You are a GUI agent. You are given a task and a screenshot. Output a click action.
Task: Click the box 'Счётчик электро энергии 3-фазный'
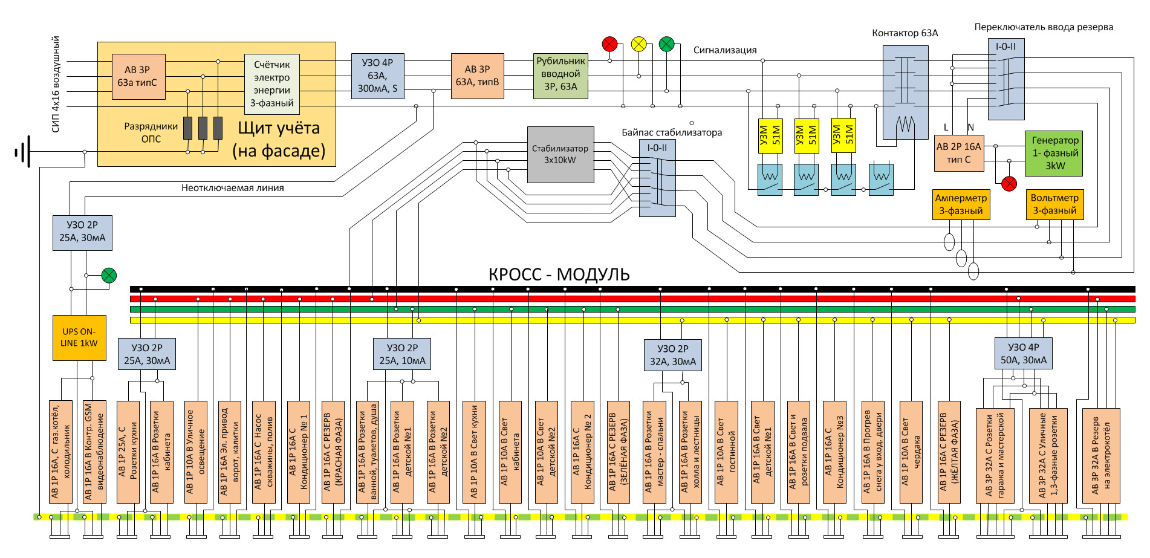[x=272, y=83]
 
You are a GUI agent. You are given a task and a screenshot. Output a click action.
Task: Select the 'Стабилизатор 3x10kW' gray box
[x=560, y=155]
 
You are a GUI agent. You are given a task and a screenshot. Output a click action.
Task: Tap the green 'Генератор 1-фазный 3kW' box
[x=1054, y=153]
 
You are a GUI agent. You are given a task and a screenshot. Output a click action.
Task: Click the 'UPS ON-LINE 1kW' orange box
[x=79, y=337]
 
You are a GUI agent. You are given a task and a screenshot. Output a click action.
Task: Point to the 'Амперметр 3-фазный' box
[x=961, y=204]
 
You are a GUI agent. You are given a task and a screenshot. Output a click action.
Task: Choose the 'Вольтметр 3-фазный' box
[x=1054, y=204]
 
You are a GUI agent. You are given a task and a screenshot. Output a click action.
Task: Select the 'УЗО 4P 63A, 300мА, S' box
[x=378, y=76]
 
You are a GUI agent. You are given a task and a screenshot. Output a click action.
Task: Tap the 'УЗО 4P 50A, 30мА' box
[x=1024, y=354]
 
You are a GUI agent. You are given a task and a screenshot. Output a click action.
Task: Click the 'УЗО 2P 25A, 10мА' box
[x=403, y=354]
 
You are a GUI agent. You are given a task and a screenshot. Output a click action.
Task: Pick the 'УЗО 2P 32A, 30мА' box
[x=672, y=355]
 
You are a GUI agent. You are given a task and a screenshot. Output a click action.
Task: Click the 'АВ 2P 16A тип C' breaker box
[x=959, y=153]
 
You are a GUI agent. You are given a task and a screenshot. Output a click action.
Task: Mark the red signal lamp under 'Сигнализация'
[x=609, y=44]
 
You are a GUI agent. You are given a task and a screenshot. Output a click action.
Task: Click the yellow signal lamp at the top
[x=638, y=44]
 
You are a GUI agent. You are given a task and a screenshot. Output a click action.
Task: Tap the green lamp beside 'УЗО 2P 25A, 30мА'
[x=109, y=276]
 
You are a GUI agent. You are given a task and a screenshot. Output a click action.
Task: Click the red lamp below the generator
[x=1009, y=184]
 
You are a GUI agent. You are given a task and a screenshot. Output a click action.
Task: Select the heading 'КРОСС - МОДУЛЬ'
[x=559, y=274]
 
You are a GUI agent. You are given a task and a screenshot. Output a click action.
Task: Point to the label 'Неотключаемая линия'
[x=233, y=188]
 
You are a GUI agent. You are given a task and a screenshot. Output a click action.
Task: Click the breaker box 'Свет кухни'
[x=474, y=452]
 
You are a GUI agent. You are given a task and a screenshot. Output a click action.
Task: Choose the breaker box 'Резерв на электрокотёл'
[x=1101, y=456]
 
